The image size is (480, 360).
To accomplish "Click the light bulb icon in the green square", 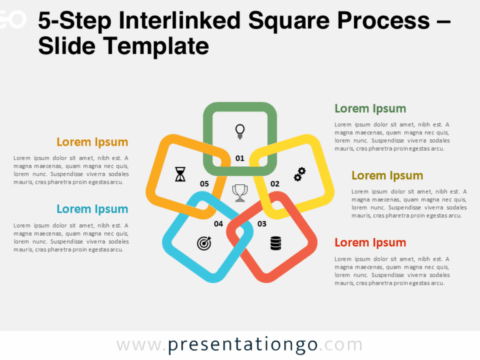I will (x=239, y=131).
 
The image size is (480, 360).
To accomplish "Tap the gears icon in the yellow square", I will (x=300, y=174).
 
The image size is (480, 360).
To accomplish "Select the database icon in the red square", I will (x=276, y=243).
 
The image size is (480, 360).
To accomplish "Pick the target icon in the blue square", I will (x=204, y=243).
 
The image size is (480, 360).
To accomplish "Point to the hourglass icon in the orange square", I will (x=181, y=174).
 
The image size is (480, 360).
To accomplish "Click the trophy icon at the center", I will (x=239, y=193).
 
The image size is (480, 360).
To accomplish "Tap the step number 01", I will (x=240, y=158).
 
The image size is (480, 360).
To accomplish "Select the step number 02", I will (x=275, y=184).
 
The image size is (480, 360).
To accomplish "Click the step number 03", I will (x=262, y=224).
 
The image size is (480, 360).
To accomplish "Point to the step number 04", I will (x=218, y=224).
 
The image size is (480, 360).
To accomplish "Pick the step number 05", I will (x=204, y=184).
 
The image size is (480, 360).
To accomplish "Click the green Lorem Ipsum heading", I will (x=370, y=109).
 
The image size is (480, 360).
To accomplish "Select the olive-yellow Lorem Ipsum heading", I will (x=387, y=176).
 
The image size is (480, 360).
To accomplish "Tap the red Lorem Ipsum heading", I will (x=370, y=242).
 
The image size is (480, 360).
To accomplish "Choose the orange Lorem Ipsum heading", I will (x=92, y=142).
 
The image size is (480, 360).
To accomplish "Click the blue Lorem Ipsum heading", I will (x=92, y=209).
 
